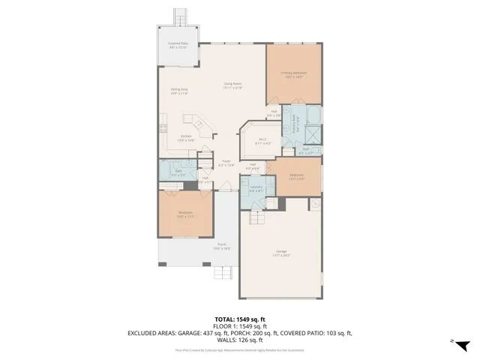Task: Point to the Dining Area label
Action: pyautogui.click(x=178, y=91)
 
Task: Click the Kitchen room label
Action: pyautogui.click(x=186, y=138)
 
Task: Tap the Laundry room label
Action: pyautogui.click(x=256, y=190)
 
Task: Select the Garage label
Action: pyautogui.click(x=281, y=254)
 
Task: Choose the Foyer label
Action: pyautogui.click(x=226, y=162)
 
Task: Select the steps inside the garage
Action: pyautogui.click(x=257, y=216)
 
